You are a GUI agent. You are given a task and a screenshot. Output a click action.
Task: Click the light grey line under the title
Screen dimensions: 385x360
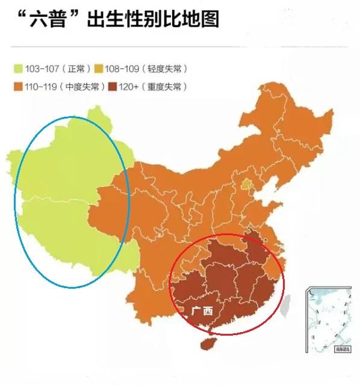tap(180, 46)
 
